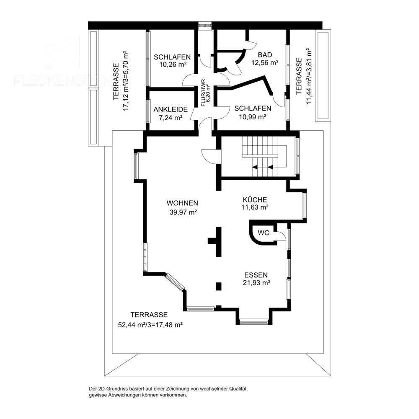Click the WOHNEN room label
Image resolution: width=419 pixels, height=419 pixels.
click(182, 203)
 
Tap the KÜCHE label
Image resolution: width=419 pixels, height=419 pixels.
click(255, 199)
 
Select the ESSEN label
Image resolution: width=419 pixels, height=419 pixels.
click(256, 275)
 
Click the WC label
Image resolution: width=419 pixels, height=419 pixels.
click(263, 233)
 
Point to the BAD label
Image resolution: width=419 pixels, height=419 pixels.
click(265, 55)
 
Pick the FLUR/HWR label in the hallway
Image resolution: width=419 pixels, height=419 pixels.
click(203, 93)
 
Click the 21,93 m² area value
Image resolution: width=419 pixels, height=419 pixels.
click(256, 283)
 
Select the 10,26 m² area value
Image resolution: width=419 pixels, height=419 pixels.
click(172, 65)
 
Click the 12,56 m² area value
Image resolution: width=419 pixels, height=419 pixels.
click(265, 63)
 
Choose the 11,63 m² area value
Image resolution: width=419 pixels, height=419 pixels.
click(255, 207)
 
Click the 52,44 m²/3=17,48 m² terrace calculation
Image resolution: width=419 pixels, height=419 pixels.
click(152, 324)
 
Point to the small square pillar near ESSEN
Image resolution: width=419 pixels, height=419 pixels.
click(218, 287)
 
